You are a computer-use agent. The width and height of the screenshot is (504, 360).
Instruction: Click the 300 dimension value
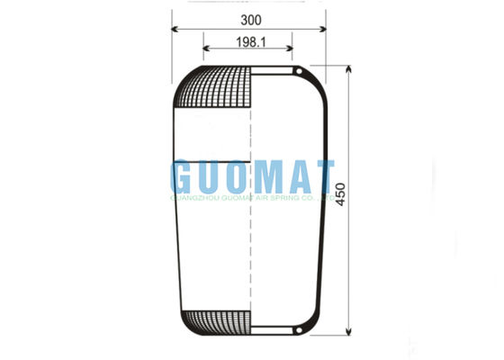(250, 18)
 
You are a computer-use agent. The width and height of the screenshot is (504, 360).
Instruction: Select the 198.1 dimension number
(250, 41)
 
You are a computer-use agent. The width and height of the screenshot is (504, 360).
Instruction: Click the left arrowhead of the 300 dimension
(175, 29)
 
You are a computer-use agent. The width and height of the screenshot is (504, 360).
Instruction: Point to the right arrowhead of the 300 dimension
(327, 29)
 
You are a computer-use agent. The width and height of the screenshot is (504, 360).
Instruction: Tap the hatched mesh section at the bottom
(216, 320)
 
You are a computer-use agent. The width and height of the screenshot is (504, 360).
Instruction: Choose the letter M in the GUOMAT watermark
(261, 176)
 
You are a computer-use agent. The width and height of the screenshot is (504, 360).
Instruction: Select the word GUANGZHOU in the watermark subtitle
(194, 193)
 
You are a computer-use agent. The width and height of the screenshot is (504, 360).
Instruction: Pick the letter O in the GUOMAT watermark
(236, 176)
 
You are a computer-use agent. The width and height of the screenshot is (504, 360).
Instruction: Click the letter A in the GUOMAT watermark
(292, 176)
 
